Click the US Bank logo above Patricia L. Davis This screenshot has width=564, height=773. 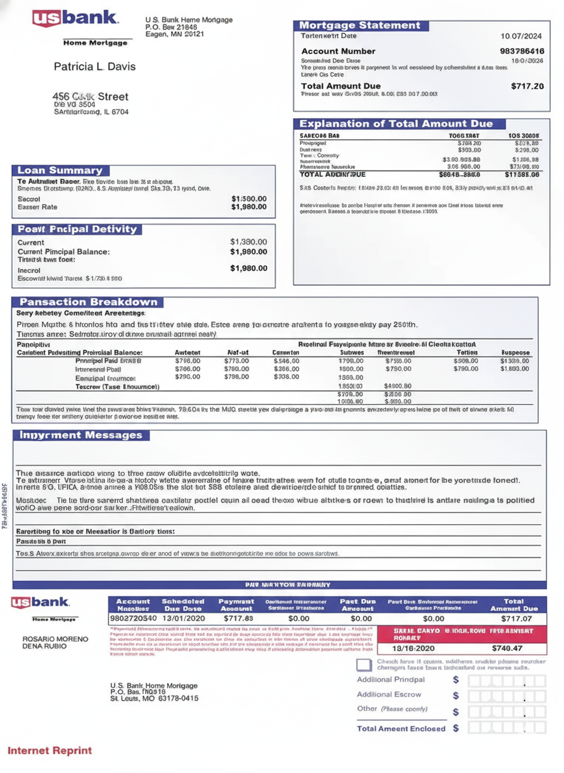coord(76,19)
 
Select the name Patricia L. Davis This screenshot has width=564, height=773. coord(95,67)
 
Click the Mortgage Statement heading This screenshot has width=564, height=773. coord(360,25)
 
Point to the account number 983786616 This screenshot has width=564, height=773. coord(522,51)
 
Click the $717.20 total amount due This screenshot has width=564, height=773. coord(527,86)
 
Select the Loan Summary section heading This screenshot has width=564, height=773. coord(60,170)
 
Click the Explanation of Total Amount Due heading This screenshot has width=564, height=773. coord(396,123)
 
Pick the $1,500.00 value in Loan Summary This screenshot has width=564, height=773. coord(249,198)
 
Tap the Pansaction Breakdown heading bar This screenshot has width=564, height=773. coord(89,302)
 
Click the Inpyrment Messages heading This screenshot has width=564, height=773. coord(81,435)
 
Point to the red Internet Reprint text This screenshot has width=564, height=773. coord(50,751)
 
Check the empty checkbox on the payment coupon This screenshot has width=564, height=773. coord(364,665)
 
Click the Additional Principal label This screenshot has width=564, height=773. coord(390,679)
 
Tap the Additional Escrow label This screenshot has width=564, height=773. coord(389,694)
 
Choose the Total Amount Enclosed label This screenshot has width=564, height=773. coord(401,728)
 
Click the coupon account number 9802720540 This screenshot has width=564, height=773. coord(133,618)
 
